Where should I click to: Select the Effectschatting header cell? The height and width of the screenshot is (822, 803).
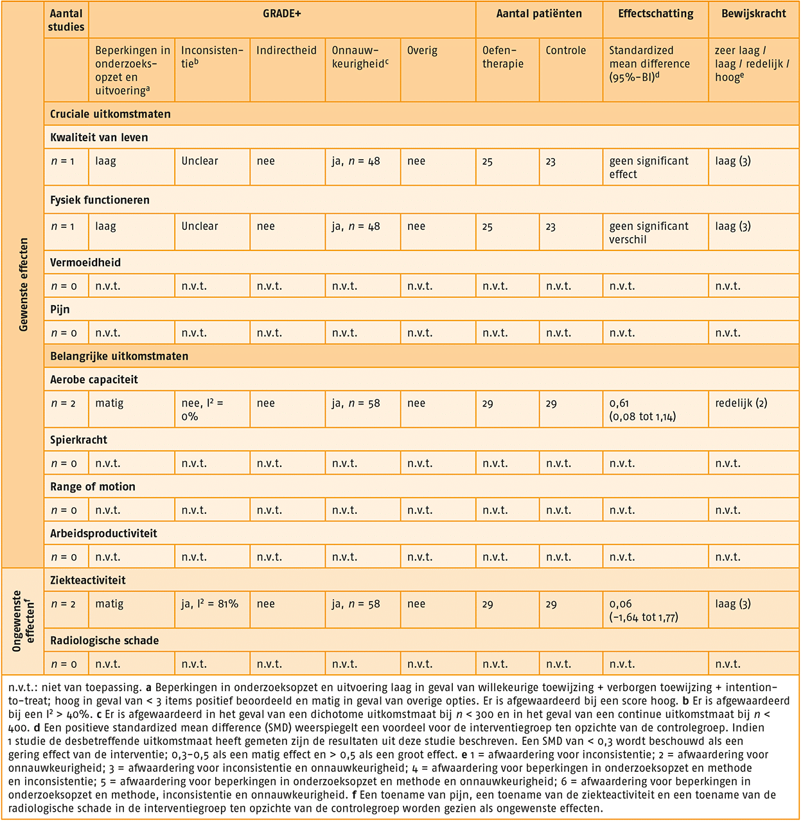[x=655, y=13]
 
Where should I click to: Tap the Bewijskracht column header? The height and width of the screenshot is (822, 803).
[x=754, y=13]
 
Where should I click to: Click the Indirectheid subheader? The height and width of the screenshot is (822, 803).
[x=287, y=50]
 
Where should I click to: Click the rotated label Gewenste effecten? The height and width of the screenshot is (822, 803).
[x=24, y=285]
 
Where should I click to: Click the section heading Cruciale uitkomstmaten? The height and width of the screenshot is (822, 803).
[x=110, y=114]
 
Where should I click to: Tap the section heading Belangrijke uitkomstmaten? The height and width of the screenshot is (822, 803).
[x=119, y=356]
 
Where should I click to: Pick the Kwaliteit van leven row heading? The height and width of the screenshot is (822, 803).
[x=99, y=137]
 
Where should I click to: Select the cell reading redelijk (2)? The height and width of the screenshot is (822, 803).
[x=741, y=403]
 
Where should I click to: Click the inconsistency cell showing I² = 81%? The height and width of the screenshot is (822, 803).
[x=209, y=604]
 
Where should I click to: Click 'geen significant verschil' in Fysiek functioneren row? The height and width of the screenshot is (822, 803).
[x=648, y=232]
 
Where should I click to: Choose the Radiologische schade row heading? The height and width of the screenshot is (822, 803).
[x=104, y=641]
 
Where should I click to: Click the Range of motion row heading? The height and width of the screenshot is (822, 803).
[x=93, y=487]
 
